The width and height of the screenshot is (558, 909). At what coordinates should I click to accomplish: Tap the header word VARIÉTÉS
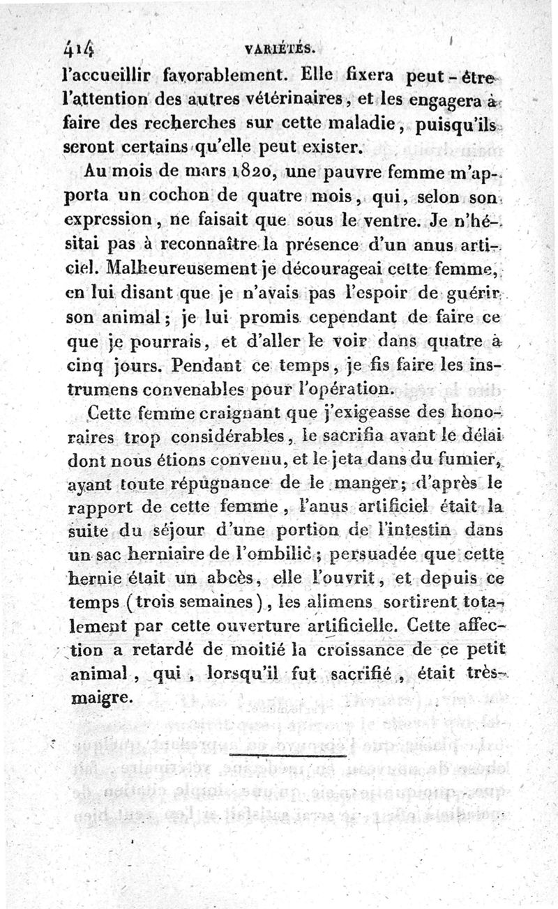282,49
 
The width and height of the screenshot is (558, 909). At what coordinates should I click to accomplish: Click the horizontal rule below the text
287,754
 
